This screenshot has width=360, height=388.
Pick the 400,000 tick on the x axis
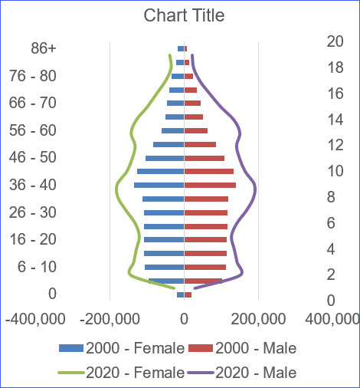[332, 317]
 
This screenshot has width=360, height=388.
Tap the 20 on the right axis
[334, 41]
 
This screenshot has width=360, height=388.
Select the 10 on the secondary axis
[334, 170]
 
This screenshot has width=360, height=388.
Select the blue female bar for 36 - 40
[159, 185]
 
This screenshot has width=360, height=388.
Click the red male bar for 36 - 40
[210, 185]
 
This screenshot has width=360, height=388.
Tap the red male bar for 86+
[185, 48]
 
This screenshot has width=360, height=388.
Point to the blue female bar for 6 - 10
[164, 267]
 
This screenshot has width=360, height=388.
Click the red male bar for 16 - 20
[205, 239]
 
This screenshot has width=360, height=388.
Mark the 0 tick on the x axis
[184, 317]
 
